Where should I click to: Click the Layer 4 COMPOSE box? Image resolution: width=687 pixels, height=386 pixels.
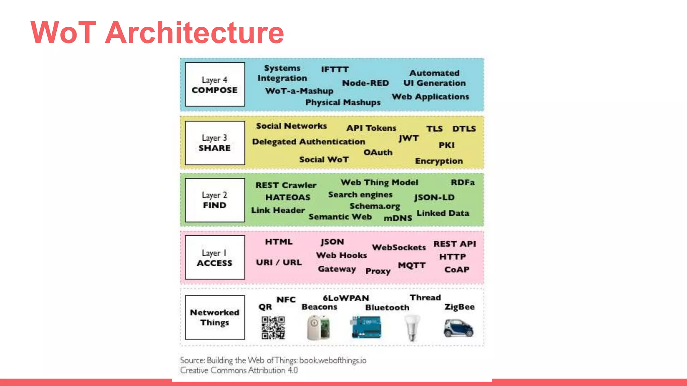coord(215,84)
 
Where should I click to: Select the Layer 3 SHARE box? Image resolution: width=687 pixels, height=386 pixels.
coord(215,143)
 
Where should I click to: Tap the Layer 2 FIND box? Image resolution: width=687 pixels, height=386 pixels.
coord(215,200)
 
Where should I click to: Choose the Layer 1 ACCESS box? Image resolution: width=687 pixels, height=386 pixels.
coord(215,257)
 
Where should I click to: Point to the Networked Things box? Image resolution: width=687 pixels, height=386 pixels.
coord(215,317)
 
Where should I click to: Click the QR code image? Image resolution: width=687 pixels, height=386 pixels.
coord(273,328)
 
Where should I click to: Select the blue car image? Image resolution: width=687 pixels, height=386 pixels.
coord(458,328)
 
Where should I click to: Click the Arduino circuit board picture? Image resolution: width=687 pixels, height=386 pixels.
coord(366,327)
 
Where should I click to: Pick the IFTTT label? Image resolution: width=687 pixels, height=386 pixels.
coord(335,69)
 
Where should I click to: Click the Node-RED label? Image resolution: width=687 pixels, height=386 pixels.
coord(365,83)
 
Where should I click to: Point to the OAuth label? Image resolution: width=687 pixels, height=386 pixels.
coord(378,152)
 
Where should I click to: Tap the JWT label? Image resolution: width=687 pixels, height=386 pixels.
coord(409,138)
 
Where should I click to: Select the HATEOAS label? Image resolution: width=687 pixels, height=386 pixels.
coord(287,197)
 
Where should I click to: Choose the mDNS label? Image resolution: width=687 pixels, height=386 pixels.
coord(398,218)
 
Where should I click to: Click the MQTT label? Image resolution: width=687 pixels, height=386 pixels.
coord(412,265)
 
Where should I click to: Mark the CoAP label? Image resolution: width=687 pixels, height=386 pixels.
coord(457,270)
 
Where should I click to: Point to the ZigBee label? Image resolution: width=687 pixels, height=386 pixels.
coord(459,307)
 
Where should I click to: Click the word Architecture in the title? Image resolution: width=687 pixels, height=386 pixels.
coord(195,33)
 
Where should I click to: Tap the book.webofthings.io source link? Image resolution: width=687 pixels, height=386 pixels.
coord(332,361)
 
